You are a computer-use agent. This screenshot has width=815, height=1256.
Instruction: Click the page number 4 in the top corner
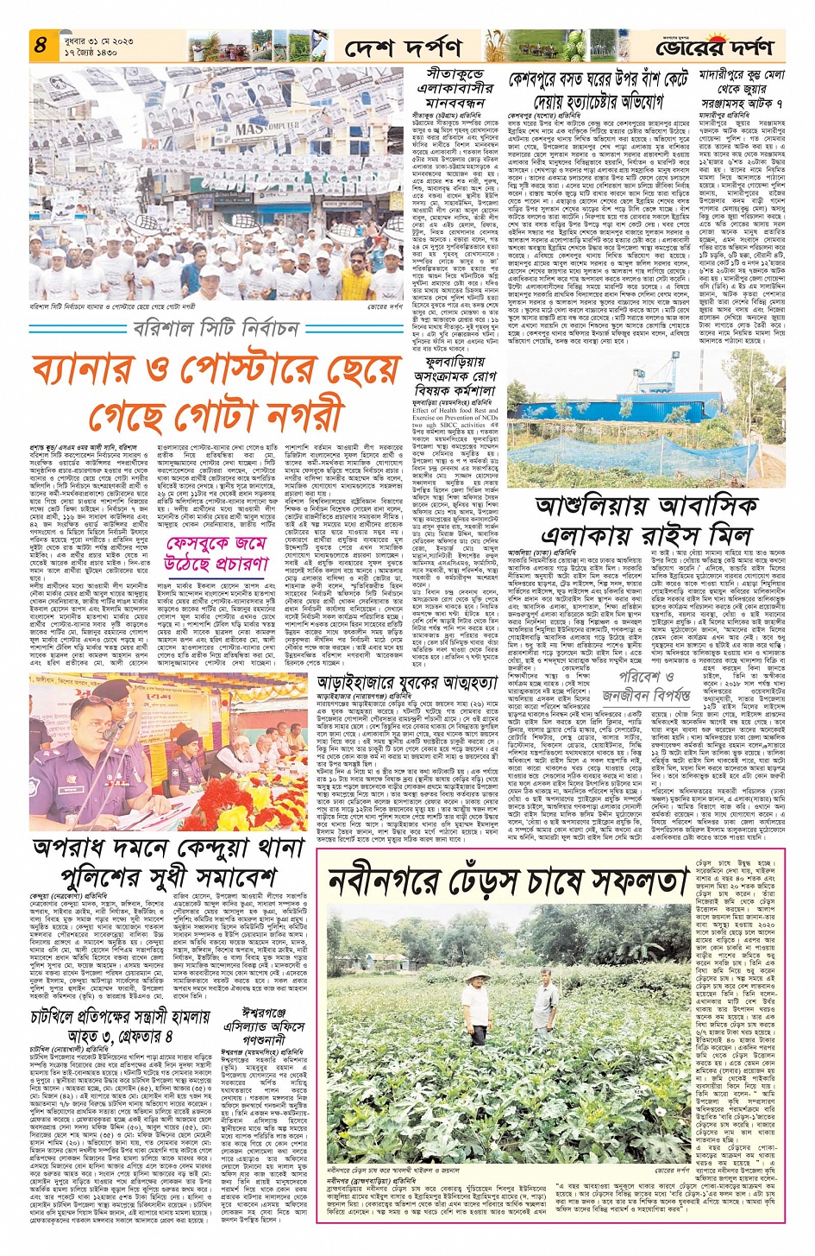[41, 45]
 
